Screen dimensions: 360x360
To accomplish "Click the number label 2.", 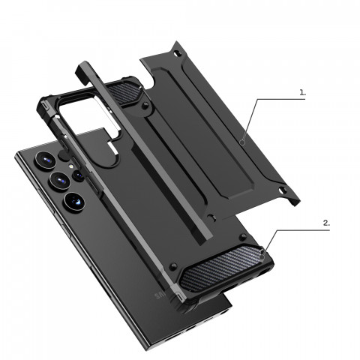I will click(x=326, y=222).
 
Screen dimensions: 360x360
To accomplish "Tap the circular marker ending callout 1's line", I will click(x=244, y=140).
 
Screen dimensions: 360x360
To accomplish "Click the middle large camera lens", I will click(x=58, y=181).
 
